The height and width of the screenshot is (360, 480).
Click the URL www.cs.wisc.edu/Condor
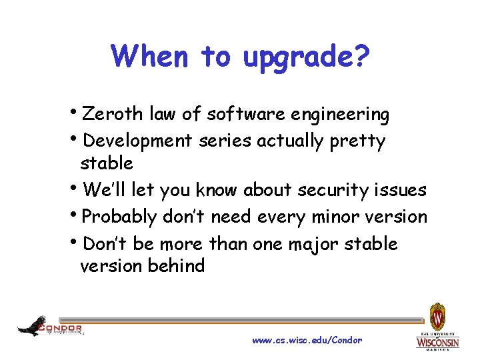tap(307, 340)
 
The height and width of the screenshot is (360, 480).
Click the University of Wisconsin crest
tap(437, 315)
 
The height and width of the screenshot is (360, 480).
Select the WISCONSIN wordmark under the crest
tap(437, 342)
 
